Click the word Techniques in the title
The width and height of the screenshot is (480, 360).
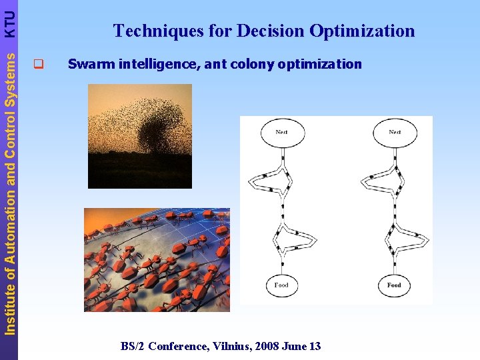point(146,31)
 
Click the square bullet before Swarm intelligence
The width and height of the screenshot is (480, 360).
point(38,65)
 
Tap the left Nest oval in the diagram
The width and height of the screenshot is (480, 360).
point(282,133)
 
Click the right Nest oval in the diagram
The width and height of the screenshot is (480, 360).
point(395,133)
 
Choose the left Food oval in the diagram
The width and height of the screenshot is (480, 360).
point(281,285)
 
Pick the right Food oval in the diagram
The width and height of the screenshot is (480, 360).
point(394,285)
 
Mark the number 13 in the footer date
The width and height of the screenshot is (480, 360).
point(314,346)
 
